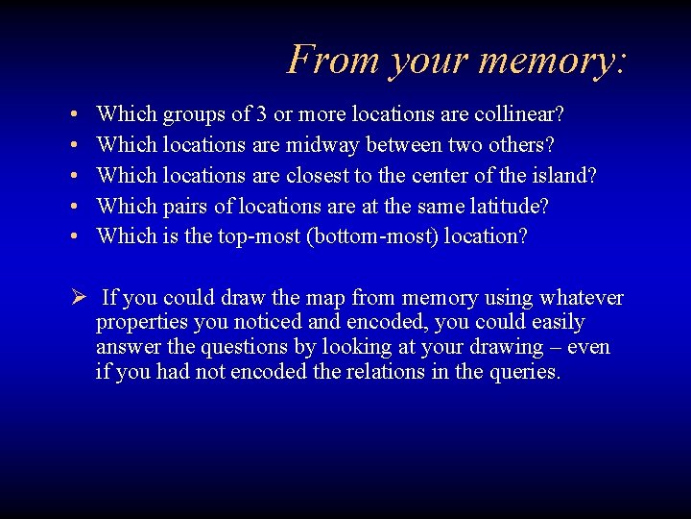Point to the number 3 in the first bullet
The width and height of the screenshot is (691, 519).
[x=262, y=114]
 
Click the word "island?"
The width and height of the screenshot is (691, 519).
[x=562, y=176]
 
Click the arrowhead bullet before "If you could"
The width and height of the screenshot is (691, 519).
[x=79, y=298]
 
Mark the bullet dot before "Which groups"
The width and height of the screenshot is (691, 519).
[x=75, y=115]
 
